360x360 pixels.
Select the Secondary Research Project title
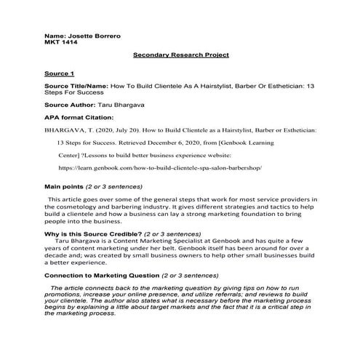coord(181,55)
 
